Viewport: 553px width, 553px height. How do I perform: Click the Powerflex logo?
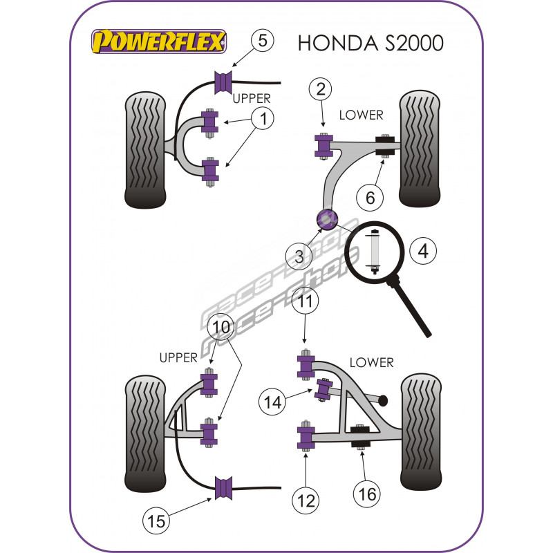tap(160, 42)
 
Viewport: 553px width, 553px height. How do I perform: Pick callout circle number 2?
tap(320, 89)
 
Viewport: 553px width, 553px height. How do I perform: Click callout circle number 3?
tap(299, 256)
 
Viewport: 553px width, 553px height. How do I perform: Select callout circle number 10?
tap(221, 326)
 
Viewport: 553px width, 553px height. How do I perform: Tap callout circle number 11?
tap(304, 302)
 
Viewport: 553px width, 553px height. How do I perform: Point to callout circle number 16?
tap(367, 493)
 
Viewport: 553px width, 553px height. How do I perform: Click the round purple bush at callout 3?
tap(326, 218)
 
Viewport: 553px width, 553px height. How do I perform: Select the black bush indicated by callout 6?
tap(384, 145)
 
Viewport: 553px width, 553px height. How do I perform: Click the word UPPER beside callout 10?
tap(178, 357)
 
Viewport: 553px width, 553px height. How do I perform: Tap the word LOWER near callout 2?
tap(361, 115)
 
